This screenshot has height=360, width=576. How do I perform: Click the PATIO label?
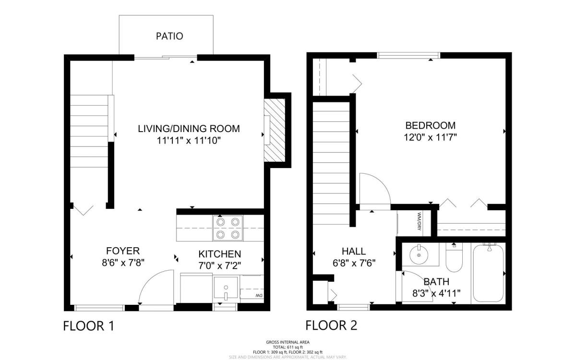[x=169, y=36]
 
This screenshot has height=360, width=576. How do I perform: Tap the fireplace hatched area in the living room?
[x=275, y=131]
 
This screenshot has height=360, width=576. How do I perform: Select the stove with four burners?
[x=228, y=228]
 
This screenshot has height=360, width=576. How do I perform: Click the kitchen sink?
[x=226, y=288]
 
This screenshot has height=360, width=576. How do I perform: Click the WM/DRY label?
[x=419, y=221]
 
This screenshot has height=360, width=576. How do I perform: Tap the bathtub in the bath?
[x=488, y=273]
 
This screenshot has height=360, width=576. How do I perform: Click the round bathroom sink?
[x=419, y=255]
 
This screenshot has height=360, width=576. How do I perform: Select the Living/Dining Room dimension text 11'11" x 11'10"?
[x=189, y=141]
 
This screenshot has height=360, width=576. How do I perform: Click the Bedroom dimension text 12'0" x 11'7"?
[x=430, y=138]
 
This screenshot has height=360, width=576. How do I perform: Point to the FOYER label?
[x=123, y=251]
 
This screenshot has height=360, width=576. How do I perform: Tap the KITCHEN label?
[x=220, y=254]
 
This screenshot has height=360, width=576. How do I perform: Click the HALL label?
[x=354, y=251]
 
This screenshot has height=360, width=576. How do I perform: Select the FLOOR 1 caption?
[x=88, y=326]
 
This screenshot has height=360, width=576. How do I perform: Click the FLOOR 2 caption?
[x=331, y=325]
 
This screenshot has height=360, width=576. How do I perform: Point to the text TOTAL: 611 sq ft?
[x=288, y=347]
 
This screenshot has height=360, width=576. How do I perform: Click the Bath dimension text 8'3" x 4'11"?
[x=436, y=293]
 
